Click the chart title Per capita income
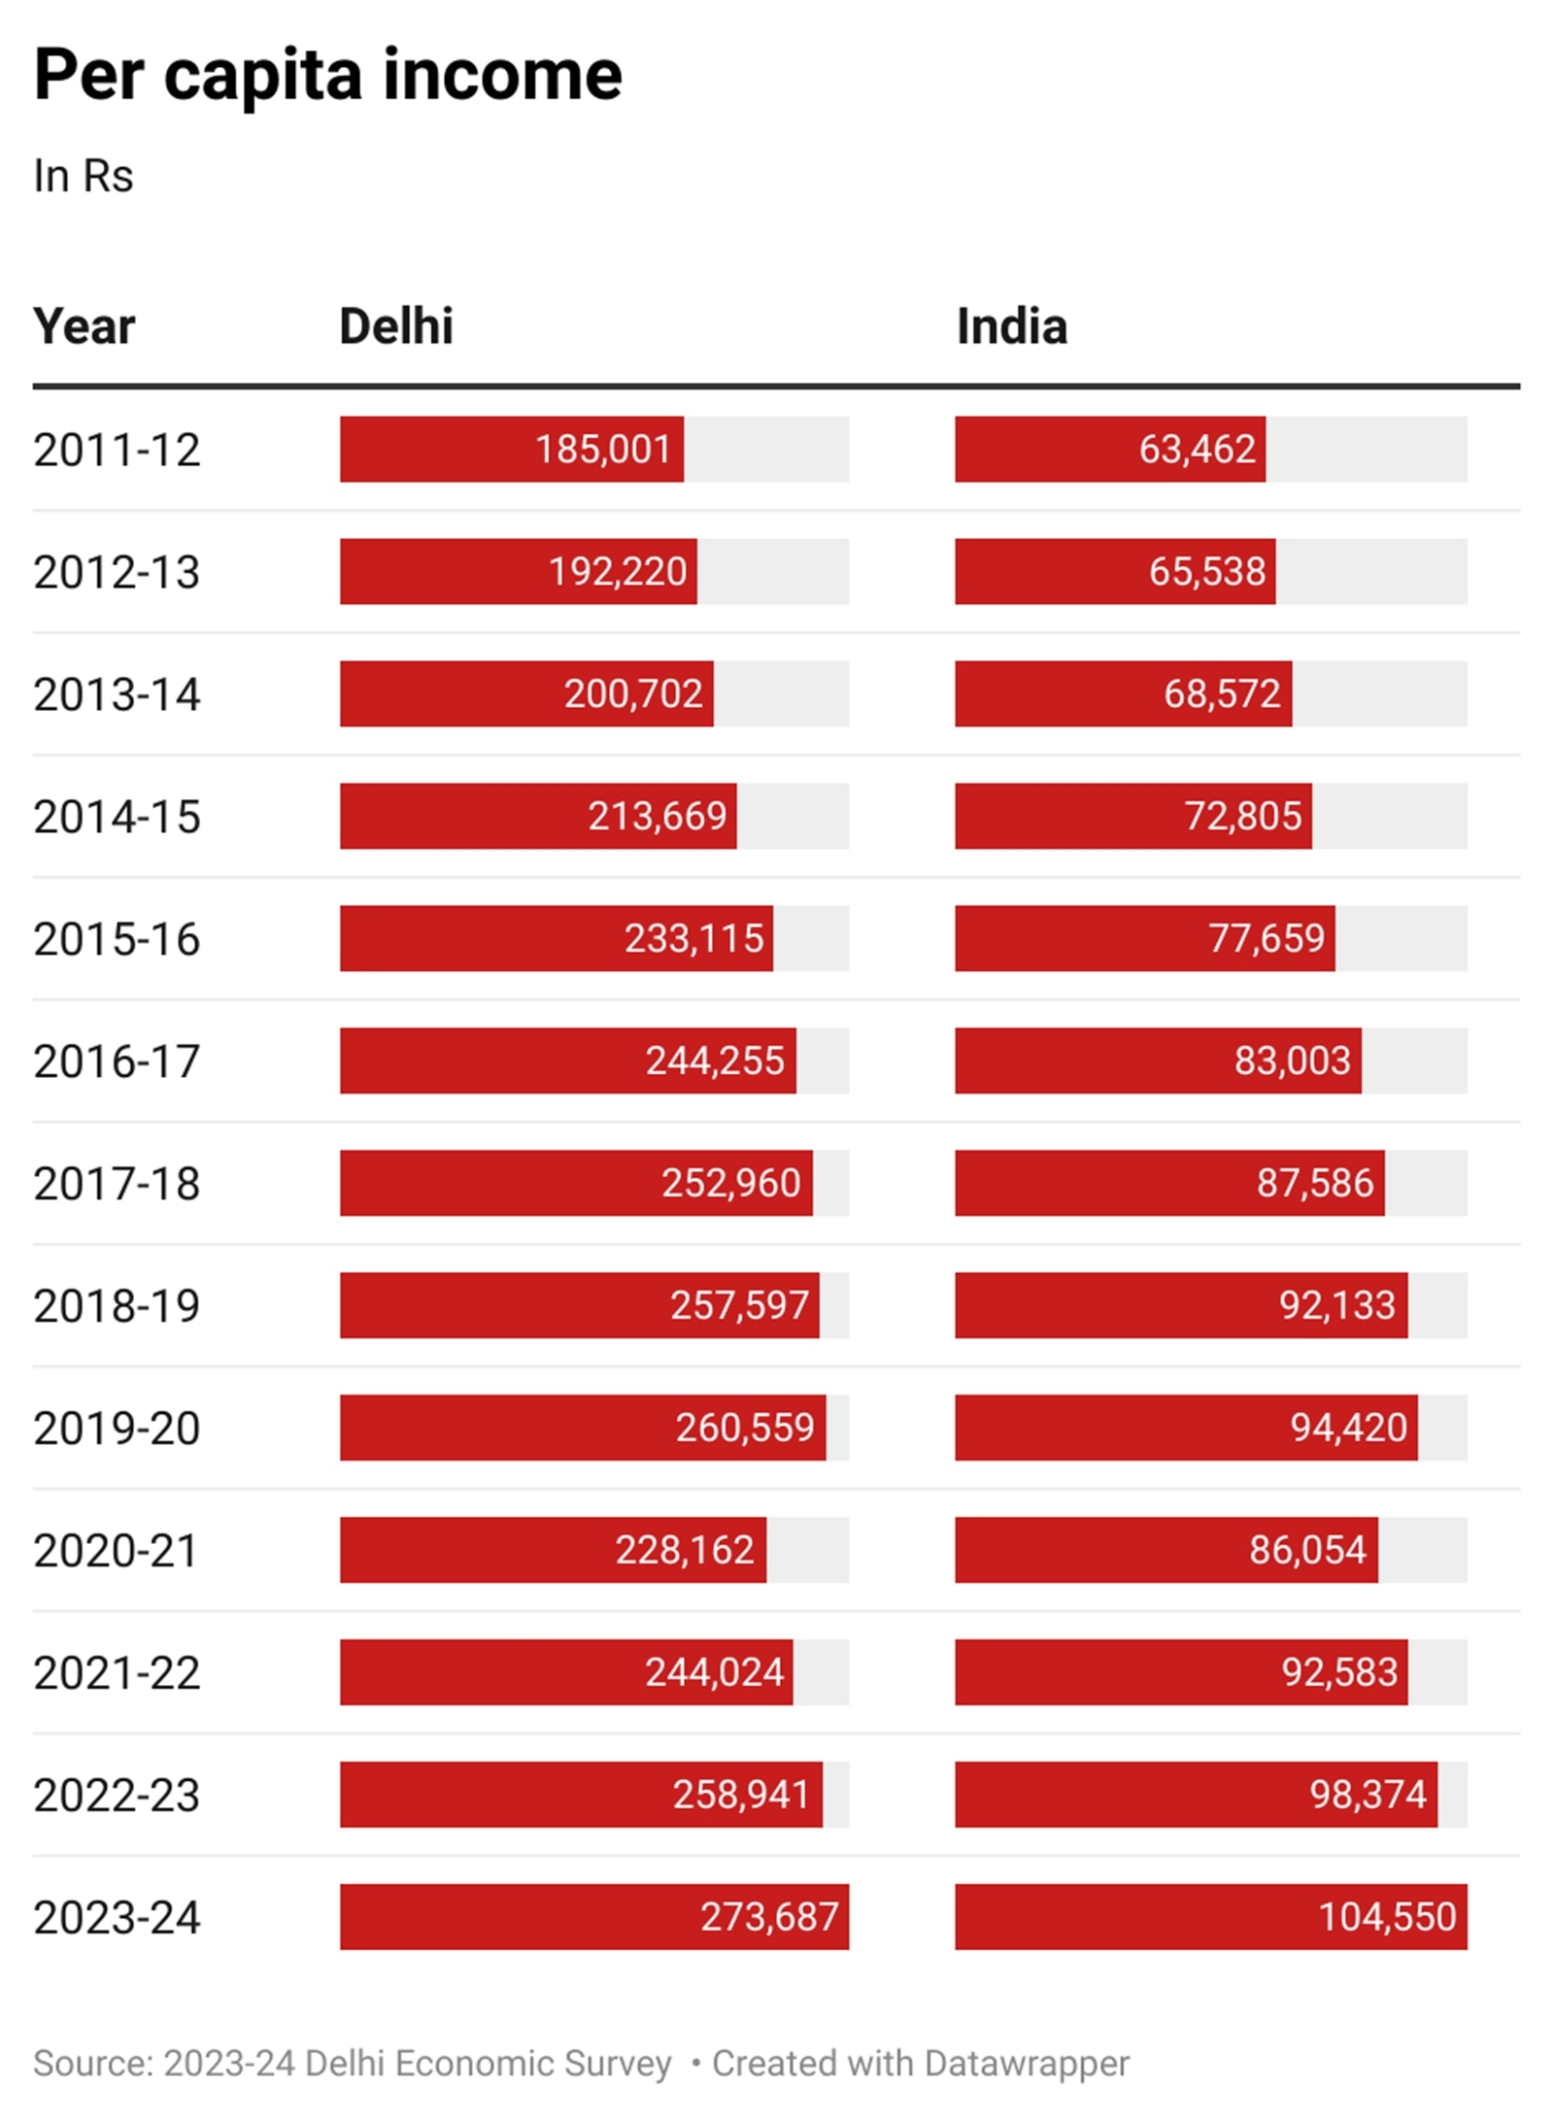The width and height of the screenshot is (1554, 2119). (x=327, y=76)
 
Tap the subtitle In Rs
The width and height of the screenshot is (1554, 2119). (x=83, y=177)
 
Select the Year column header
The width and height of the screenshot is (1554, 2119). (x=84, y=326)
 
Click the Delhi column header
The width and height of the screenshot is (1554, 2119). (x=395, y=326)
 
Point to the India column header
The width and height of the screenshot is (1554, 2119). (x=1011, y=326)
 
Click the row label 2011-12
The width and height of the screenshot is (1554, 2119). (x=117, y=451)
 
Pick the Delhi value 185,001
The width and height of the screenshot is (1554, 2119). (x=602, y=450)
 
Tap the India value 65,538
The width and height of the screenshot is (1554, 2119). (x=1206, y=572)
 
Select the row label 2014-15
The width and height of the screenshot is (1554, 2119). (x=117, y=817)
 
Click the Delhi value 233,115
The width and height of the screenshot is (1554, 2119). (x=693, y=939)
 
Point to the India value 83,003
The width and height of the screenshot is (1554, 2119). (x=1292, y=1060)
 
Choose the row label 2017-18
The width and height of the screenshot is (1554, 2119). (x=117, y=1184)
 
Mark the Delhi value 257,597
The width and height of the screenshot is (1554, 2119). (x=739, y=1305)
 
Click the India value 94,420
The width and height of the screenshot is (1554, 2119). (x=1348, y=1428)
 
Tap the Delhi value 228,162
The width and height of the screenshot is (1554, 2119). (x=684, y=1550)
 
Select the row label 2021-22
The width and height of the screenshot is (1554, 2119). (x=117, y=1673)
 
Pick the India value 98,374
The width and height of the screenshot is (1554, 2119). (x=1368, y=1795)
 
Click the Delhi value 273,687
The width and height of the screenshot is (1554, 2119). (x=769, y=1917)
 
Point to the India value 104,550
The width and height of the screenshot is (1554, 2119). (x=1387, y=1917)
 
